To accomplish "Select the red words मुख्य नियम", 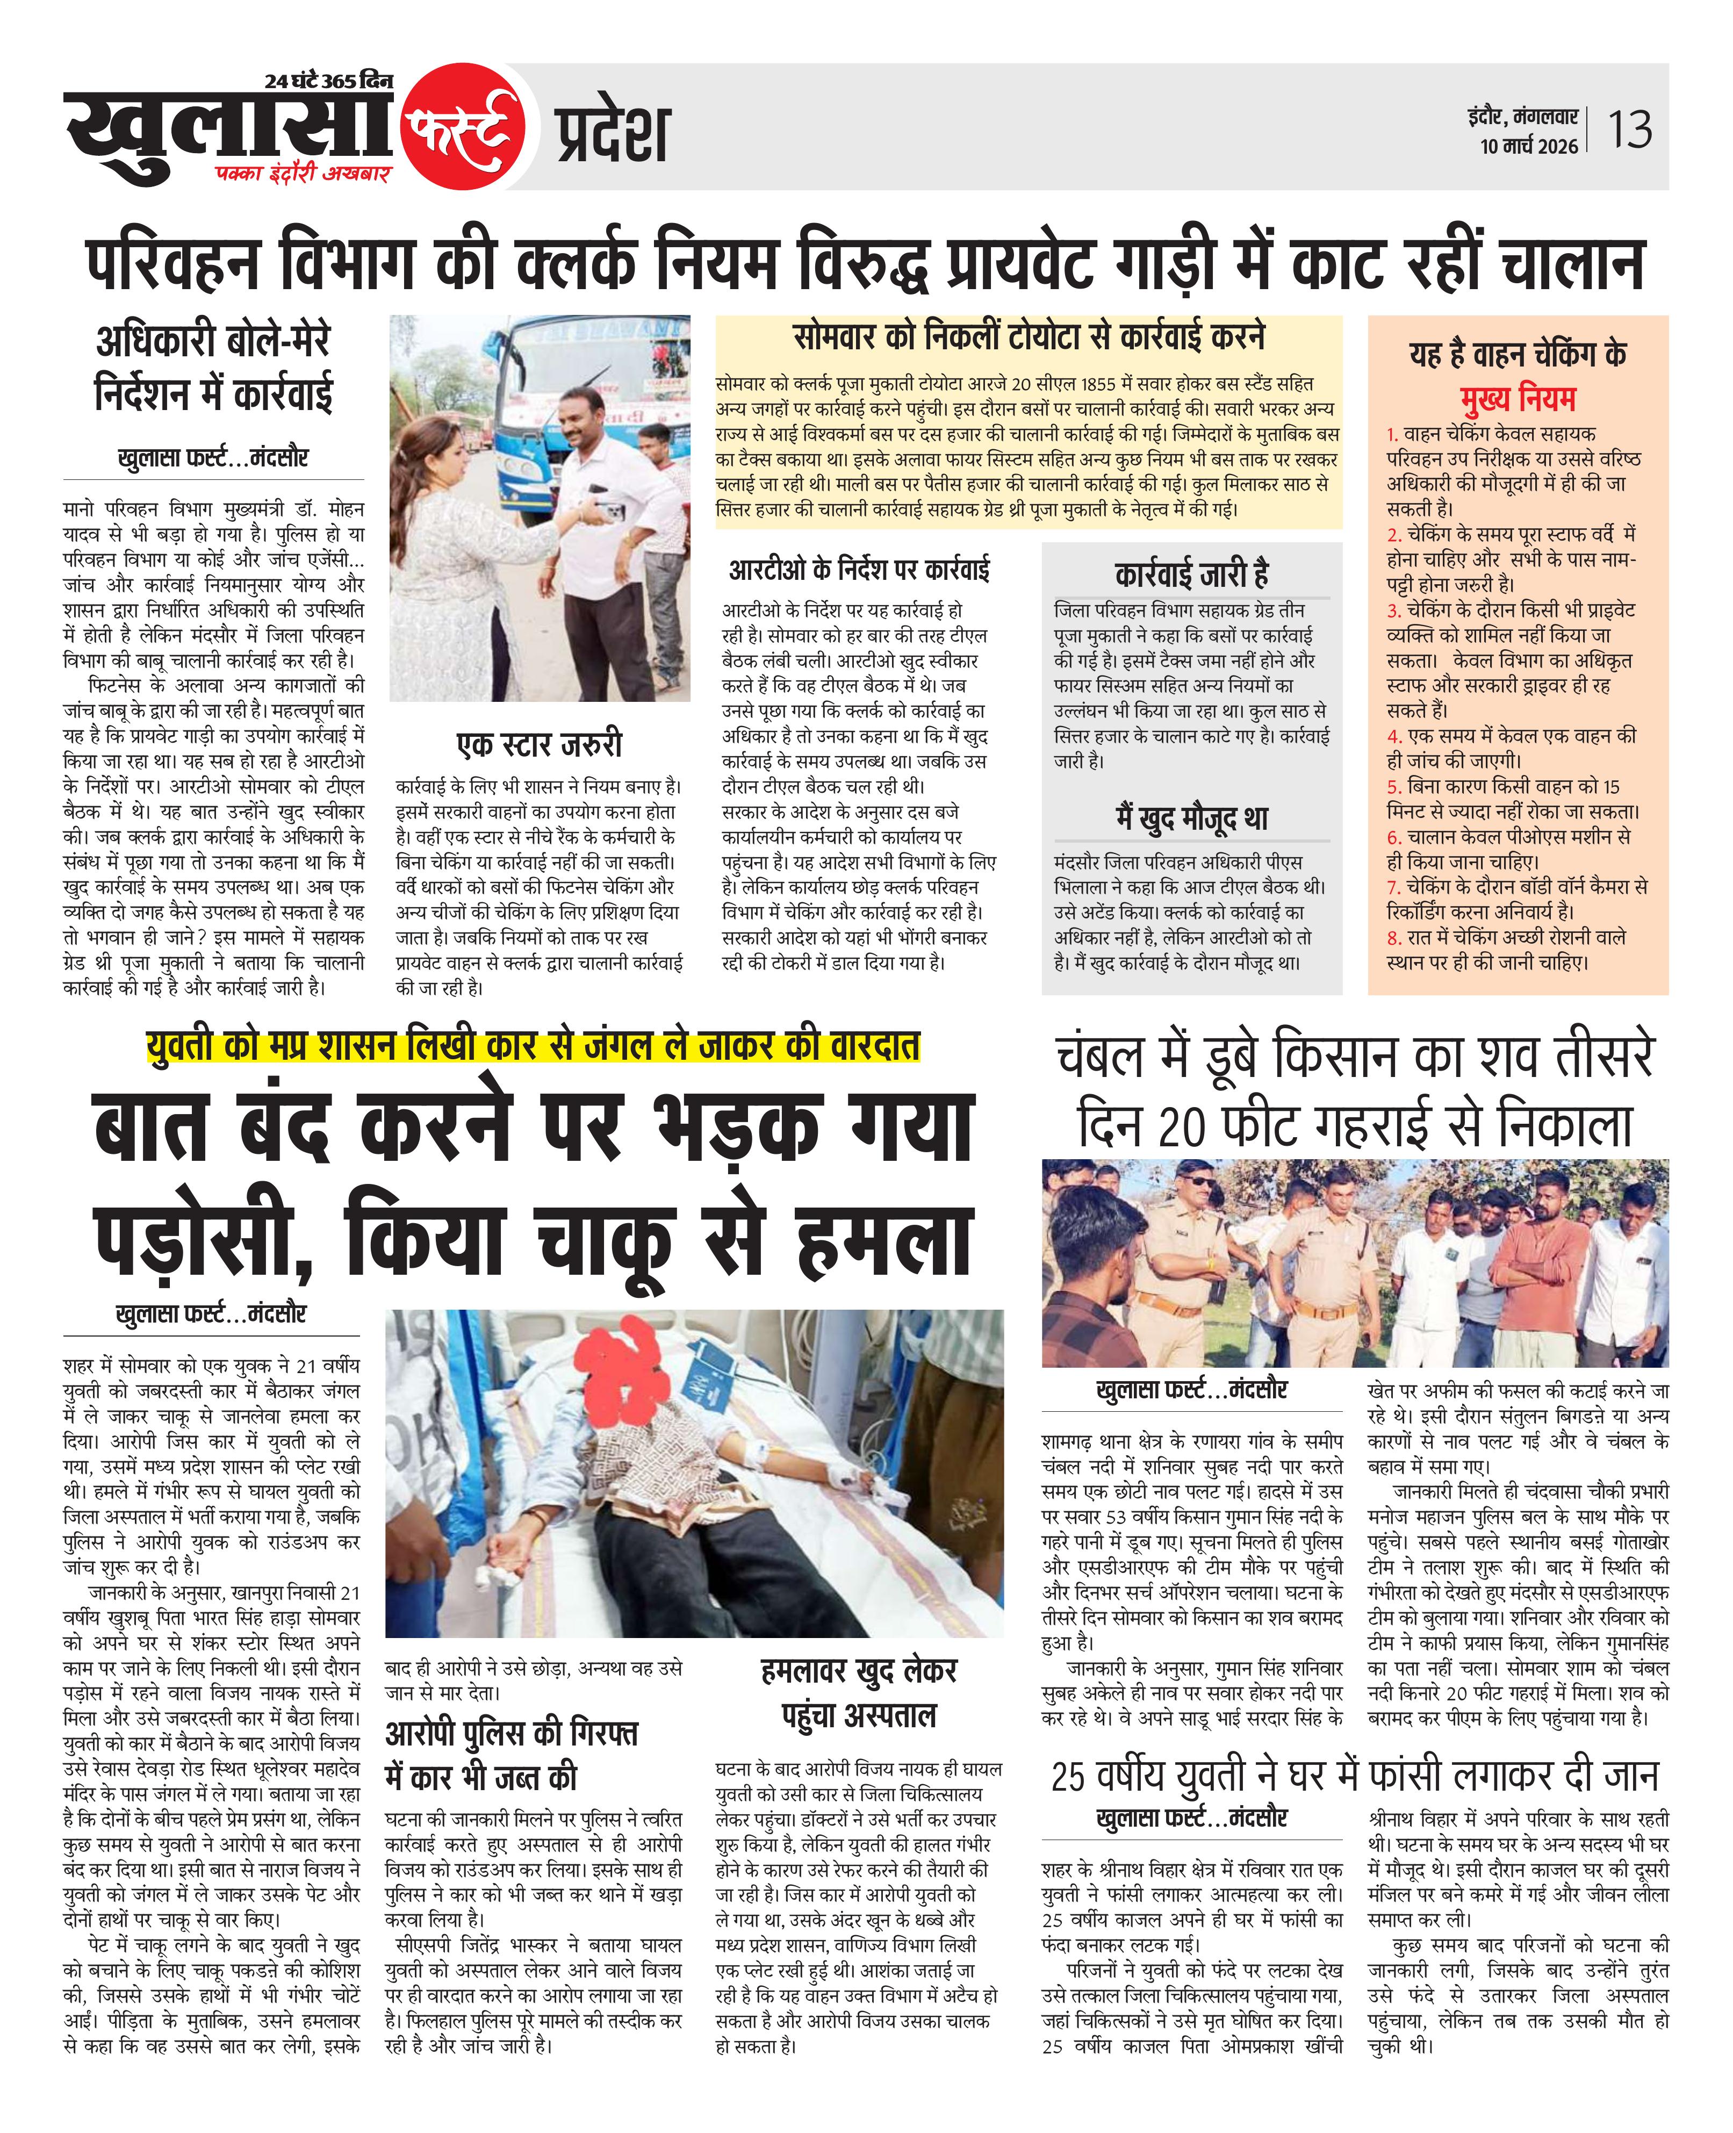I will (1518, 399).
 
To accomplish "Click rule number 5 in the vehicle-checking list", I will (1393, 787).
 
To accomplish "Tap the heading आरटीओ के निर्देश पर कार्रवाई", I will (859, 571).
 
